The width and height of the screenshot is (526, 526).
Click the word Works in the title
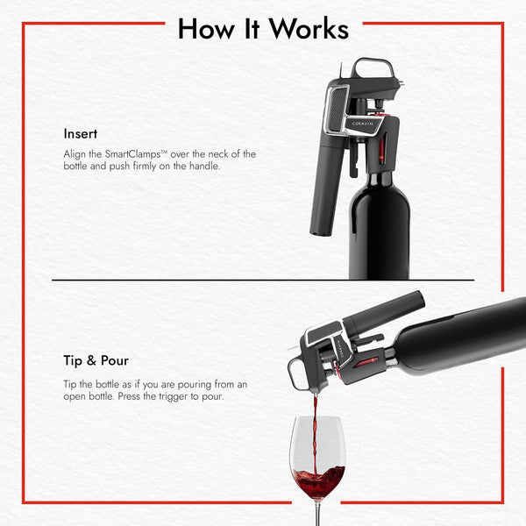point(309,29)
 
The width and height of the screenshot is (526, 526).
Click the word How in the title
point(206,29)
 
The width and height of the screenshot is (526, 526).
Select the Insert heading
point(81,134)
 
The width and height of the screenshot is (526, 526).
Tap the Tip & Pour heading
point(96,360)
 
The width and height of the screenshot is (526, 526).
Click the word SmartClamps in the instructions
point(133,154)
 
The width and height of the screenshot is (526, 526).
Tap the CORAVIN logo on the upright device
point(362,124)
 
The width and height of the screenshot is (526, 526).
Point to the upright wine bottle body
point(380,228)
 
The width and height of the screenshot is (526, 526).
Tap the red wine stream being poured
point(315,435)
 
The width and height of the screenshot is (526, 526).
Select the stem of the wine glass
point(318,513)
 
